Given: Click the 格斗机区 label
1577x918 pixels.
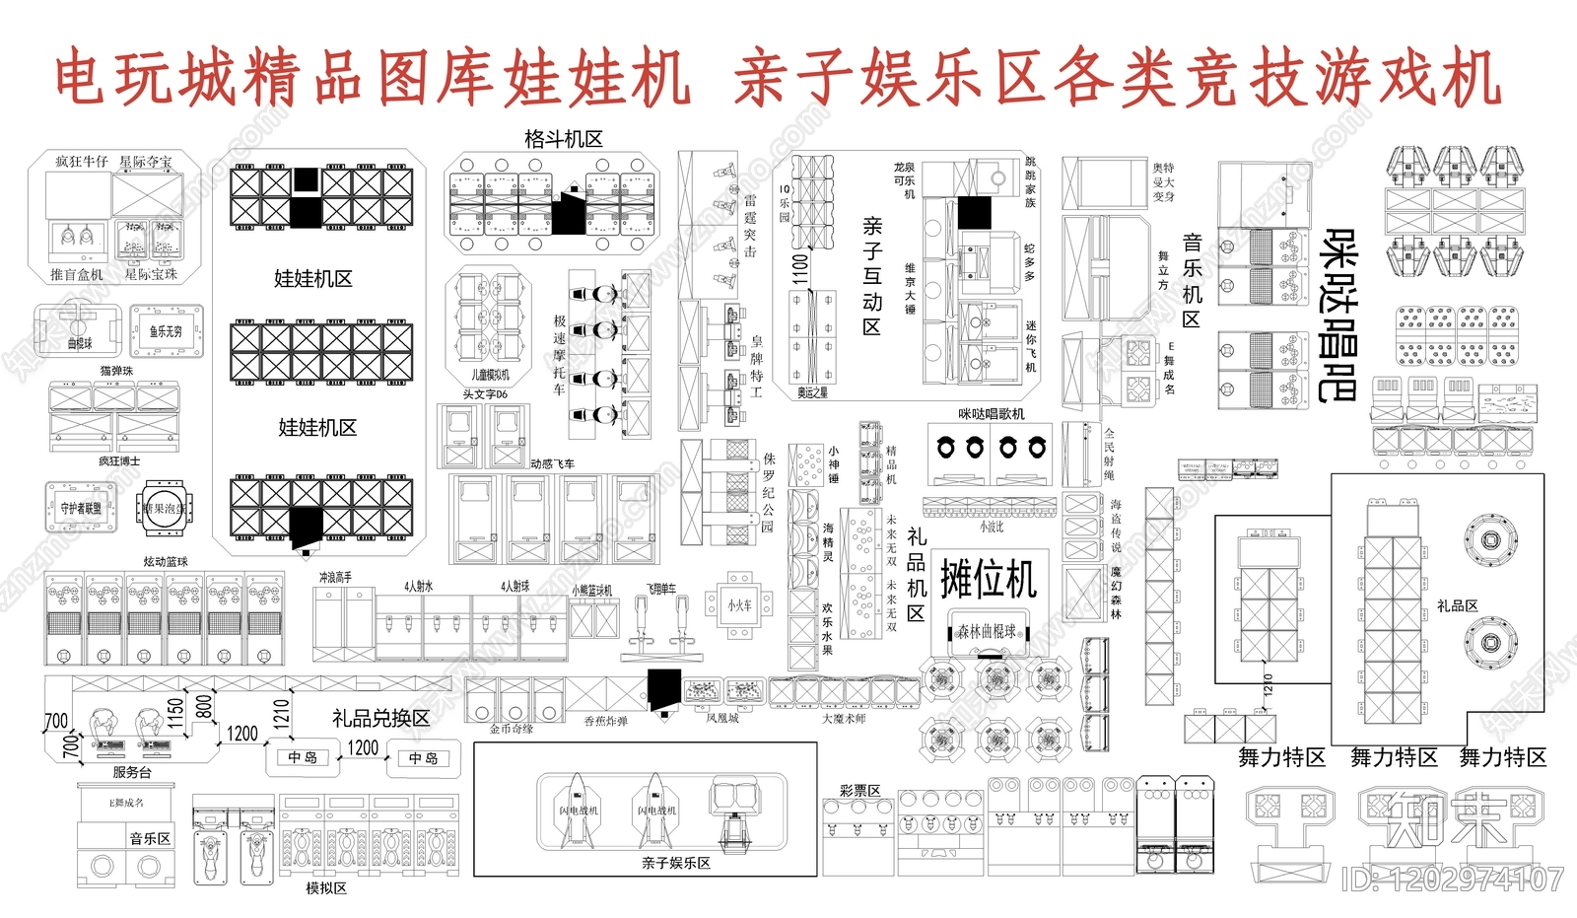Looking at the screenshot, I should tap(564, 139).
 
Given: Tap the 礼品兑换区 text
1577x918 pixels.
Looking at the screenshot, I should tap(380, 718).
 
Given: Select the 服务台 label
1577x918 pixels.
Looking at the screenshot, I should tap(132, 772).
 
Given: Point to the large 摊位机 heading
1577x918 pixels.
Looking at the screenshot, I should tap(989, 579).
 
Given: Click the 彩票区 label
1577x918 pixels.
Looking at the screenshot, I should tap(859, 791).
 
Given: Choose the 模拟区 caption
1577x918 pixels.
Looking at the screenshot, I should tap(326, 887).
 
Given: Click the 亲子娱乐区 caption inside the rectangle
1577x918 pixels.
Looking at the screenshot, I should tap(675, 863).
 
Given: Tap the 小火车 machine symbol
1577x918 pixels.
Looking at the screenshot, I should tap(740, 605).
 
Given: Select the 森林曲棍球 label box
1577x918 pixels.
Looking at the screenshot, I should tap(988, 631).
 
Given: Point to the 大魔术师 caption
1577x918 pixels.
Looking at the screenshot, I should tap(844, 719).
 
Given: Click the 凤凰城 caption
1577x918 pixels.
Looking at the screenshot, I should tap(721, 719).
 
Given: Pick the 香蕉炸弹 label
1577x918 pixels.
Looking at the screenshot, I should tap(605, 721).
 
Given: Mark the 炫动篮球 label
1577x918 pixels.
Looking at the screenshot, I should tap(166, 561).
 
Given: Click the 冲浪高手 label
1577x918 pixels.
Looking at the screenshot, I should tap(335, 578).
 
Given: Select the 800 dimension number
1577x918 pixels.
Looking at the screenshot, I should tap(204, 706).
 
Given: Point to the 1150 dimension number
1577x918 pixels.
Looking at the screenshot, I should tap(176, 712).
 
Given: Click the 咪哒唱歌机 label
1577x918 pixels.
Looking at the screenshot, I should tap(992, 414).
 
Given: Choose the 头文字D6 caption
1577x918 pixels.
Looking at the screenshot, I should tap(485, 394).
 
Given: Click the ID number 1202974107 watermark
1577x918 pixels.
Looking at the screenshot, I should tap(1452, 878).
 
